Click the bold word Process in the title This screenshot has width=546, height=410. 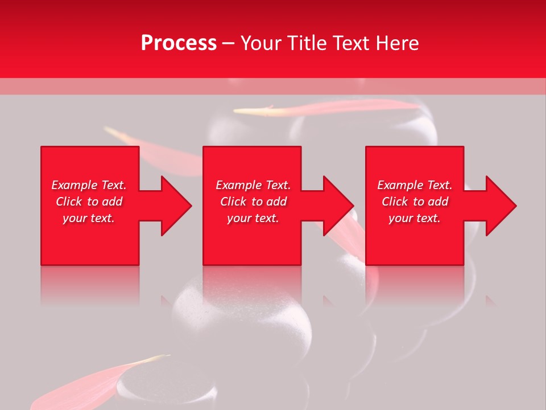click(179, 43)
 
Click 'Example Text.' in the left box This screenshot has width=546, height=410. click(89, 185)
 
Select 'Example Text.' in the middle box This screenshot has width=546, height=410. click(253, 185)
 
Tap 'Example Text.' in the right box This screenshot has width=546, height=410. click(415, 185)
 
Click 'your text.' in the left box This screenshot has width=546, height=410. click(89, 218)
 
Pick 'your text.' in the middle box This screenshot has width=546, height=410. click(253, 218)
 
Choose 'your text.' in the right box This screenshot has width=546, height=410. click(415, 218)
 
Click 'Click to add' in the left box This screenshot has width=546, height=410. click(89, 202)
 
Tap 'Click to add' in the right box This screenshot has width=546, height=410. click(415, 202)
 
